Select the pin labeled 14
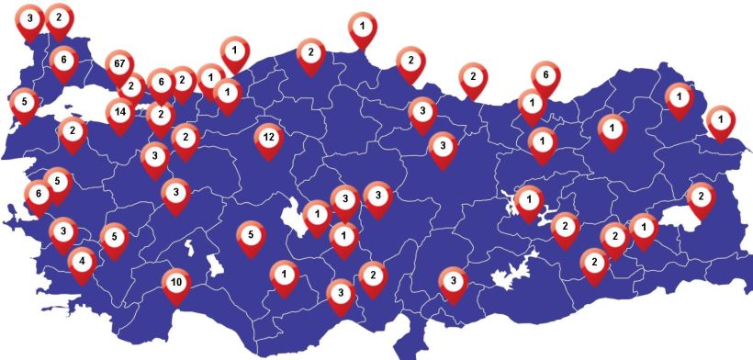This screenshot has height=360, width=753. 119,113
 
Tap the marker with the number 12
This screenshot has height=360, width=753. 268,138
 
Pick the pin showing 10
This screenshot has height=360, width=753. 175,283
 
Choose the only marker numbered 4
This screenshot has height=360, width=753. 82,261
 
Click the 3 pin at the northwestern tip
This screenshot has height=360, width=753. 30,18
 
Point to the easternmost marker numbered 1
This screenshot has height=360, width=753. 721,119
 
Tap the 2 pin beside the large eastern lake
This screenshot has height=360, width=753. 700,197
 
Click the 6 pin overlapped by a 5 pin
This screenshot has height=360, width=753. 38,195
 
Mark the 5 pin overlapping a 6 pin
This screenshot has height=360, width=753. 57,182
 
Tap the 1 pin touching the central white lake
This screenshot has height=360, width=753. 317,215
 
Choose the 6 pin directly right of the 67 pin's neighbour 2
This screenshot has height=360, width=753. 161,83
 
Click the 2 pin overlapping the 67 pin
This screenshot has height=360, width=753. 130,87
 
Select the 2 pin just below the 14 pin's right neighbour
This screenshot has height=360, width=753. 161,115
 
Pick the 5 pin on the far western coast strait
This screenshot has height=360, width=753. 23,102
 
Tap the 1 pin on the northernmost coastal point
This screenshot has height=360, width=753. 363,27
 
